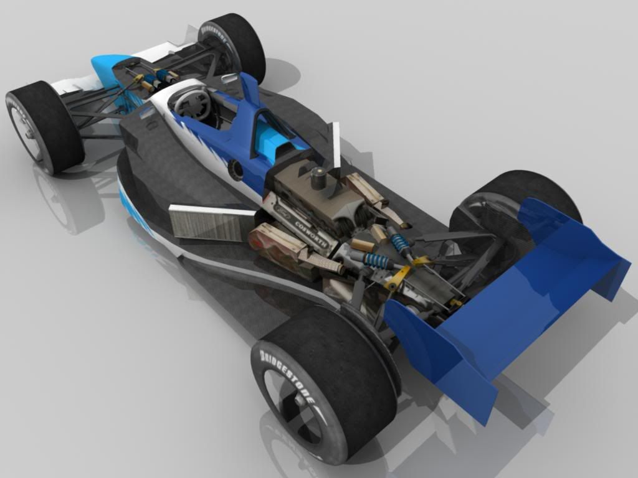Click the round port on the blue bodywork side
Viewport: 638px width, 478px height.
pyautogui.click(x=236, y=169)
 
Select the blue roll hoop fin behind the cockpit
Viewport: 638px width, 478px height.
pyautogui.click(x=250, y=88)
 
